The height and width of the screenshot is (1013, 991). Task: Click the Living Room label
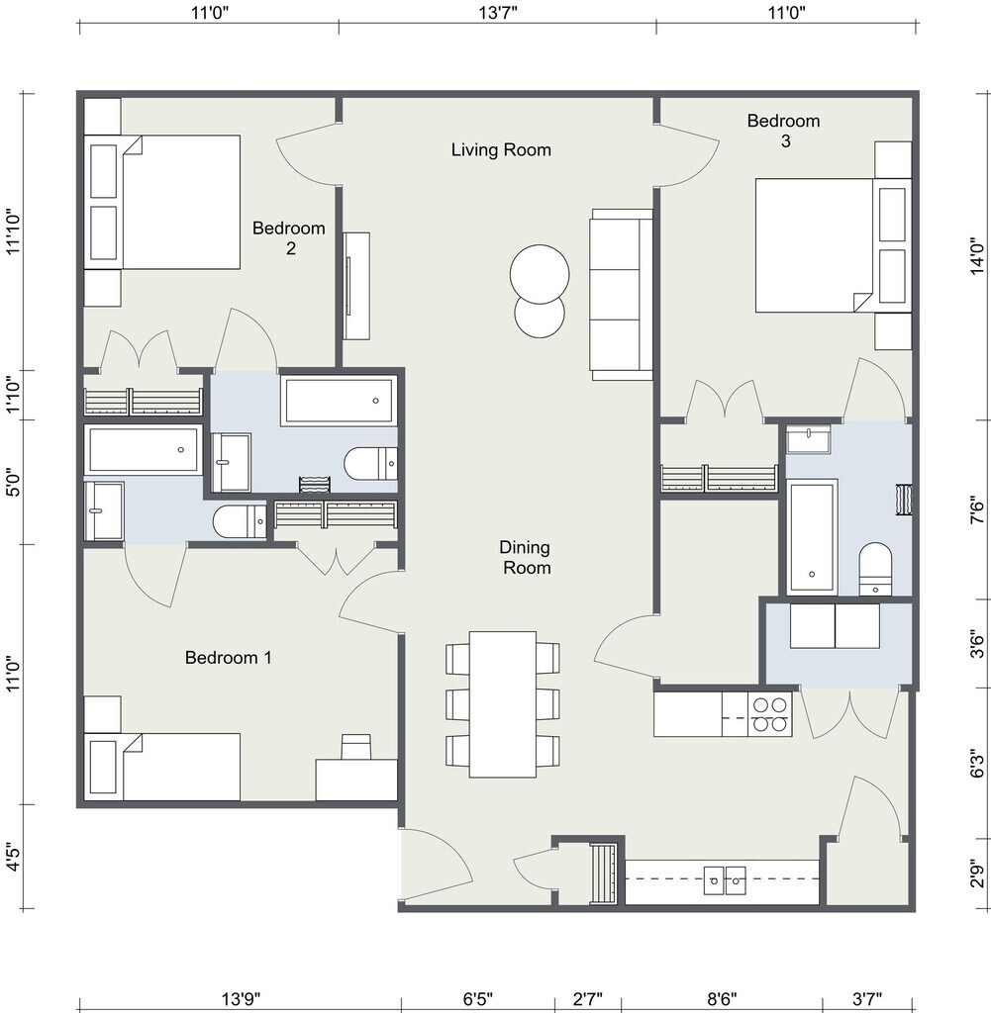[x=501, y=150]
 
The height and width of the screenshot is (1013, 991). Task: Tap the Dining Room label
[x=526, y=558]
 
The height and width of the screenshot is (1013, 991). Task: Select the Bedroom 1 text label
[x=228, y=658]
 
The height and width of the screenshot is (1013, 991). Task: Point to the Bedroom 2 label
[x=289, y=237]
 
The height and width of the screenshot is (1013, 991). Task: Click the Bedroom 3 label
[x=783, y=131]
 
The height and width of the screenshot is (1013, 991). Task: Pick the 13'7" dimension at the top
[x=498, y=12]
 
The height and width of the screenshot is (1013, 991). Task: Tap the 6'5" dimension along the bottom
[x=478, y=999]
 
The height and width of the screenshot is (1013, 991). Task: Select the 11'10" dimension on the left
[x=14, y=231]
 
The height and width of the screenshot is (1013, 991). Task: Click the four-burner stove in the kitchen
[x=770, y=714]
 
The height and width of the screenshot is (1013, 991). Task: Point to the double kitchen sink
[x=725, y=879]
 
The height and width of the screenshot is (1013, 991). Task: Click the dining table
[x=502, y=704]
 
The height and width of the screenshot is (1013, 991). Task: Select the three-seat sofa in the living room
[x=622, y=295]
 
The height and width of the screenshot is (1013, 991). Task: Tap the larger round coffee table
[x=540, y=274]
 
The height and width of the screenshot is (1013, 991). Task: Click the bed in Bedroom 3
[x=834, y=245]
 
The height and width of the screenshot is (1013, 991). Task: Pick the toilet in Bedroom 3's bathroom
[x=875, y=569]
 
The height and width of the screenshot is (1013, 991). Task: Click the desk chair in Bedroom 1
[x=356, y=746]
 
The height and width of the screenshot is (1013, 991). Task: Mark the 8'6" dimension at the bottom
[x=722, y=999]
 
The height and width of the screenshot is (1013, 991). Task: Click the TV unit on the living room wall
[x=356, y=286]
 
